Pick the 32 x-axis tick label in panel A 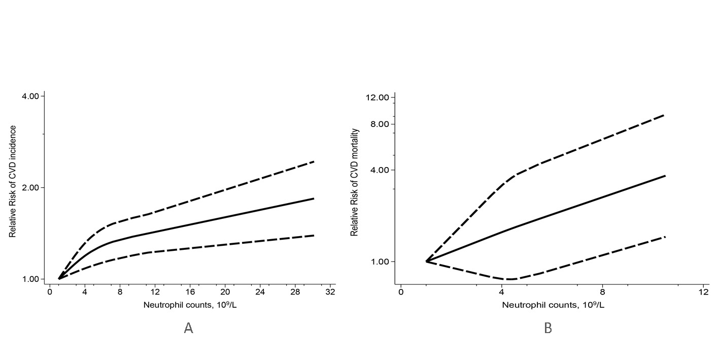pyautogui.click(x=330, y=293)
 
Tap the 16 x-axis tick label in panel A pyautogui.click(x=190, y=293)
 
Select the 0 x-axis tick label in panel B pyautogui.click(x=401, y=293)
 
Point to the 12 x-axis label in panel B pyautogui.click(x=703, y=293)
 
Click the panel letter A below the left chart pyautogui.click(x=188, y=328)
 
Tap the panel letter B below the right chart pyautogui.click(x=548, y=328)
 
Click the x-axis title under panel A pyautogui.click(x=189, y=306)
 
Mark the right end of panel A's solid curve pyautogui.click(x=314, y=199)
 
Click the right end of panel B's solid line pyautogui.click(x=664, y=176)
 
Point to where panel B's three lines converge pyautogui.click(x=426, y=261)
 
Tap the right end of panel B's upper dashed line pyautogui.click(x=664, y=115)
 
